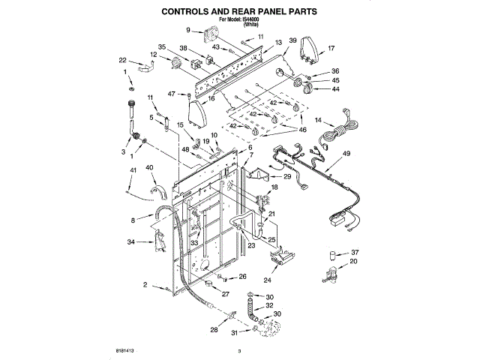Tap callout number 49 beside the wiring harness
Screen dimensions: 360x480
pyautogui.click(x=346, y=154)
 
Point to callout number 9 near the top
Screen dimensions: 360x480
pyautogui.click(x=189, y=30)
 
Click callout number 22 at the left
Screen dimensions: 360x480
pyautogui.click(x=122, y=60)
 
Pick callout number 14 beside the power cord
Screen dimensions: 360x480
pyautogui.click(x=318, y=119)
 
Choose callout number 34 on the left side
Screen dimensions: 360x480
pyautogui.click(x=131, y=242)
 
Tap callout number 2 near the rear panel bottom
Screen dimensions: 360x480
pyautogui.click(x=144, y=286)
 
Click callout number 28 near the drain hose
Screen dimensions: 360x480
pyautogui.click(x=214, y=330)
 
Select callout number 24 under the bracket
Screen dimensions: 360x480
pyautogui.click(x=267, y=281)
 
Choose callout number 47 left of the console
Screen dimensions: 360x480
pyautogui.click(x=171, y=94)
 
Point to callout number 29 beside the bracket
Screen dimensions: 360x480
pyautogui.click(x=286, y=176)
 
